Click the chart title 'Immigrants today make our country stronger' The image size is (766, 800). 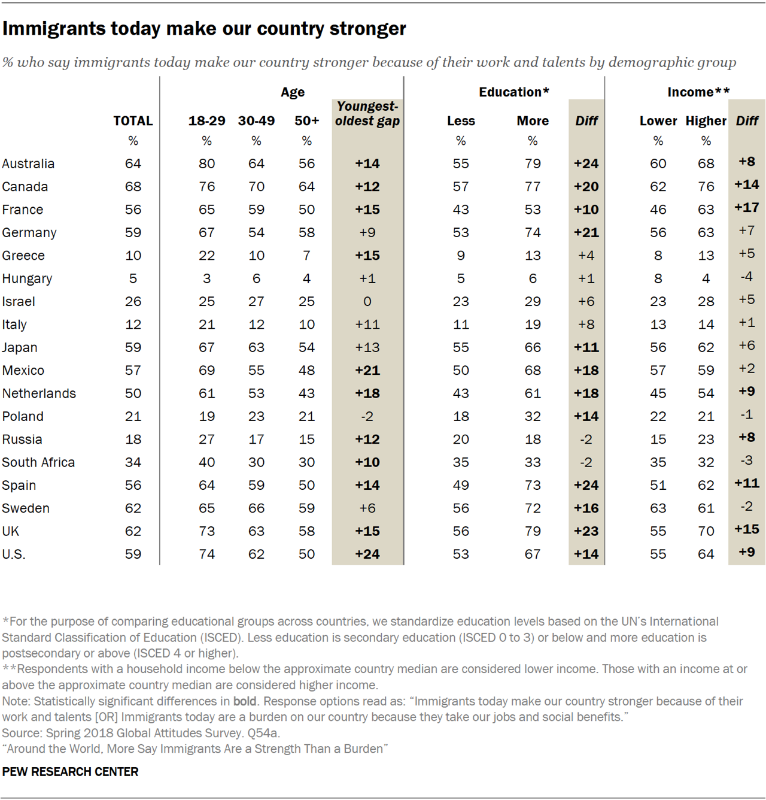click(x=204, y=29)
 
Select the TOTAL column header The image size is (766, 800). click(x=133, y=121)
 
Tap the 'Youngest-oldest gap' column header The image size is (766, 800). click(x=367, y=114)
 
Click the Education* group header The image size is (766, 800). click(x=513, y=92)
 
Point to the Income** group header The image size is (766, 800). click(x=698, y=92)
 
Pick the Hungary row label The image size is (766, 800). click(x=27, y=278)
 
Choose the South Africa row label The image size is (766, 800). click(x=38, y=462)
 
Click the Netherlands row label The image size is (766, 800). click(x=39, y=393)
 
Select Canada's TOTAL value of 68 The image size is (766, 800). click(x=133, y=187)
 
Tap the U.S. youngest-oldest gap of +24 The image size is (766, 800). click(x=367, y=554)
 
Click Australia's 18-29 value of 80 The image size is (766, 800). click(x=206, y=163)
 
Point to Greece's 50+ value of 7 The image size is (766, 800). click(x=306, y=256)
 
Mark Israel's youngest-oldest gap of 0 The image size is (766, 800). click(x=367, y=302)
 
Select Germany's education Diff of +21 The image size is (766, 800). click(x=586, y=233)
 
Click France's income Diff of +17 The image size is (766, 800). click(x=746, y=208)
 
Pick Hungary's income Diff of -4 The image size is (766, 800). click(x=746, y=277)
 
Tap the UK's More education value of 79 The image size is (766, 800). click(x=533, y=531)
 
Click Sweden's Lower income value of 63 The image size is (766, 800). click(x=658, y=508)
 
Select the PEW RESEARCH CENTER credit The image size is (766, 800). click(x=70, y=772)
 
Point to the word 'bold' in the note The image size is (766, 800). click(x=245, y=701)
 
